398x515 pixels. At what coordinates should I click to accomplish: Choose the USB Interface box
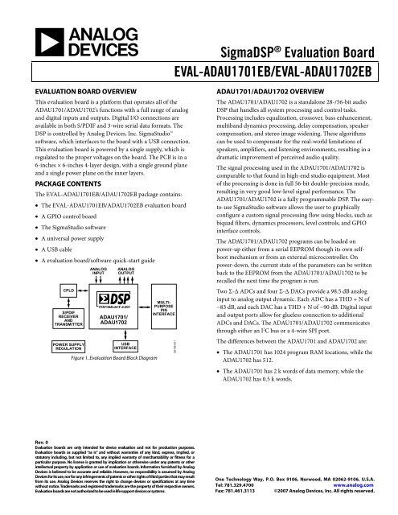click(x=117, y=348)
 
